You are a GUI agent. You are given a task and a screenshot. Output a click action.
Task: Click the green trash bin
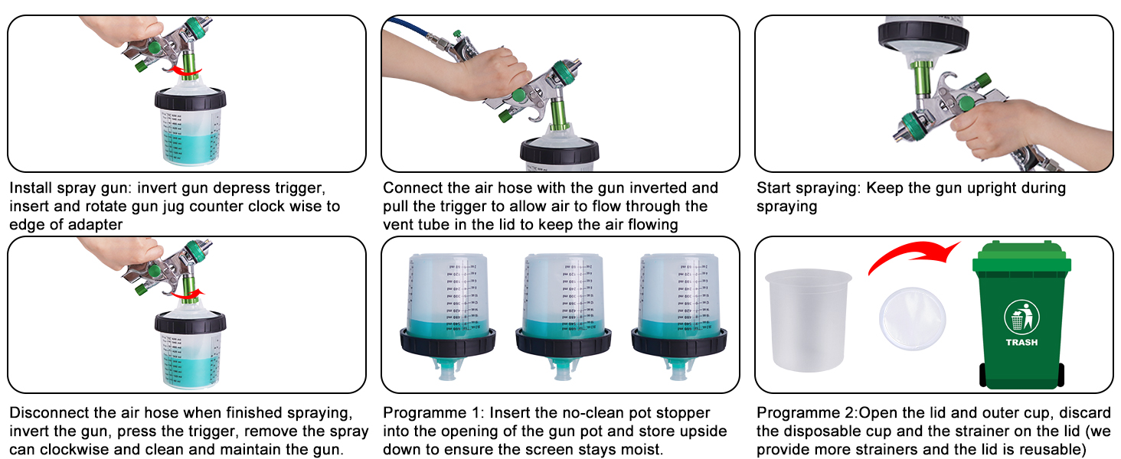[1021, 321]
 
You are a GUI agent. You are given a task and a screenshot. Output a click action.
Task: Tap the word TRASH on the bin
[1021, 342]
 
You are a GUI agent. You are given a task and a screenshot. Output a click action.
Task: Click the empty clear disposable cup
[809, 319]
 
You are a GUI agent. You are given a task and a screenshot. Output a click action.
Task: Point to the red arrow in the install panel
[185, 71]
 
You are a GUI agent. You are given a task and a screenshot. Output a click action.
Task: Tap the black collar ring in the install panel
[189, 99]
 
